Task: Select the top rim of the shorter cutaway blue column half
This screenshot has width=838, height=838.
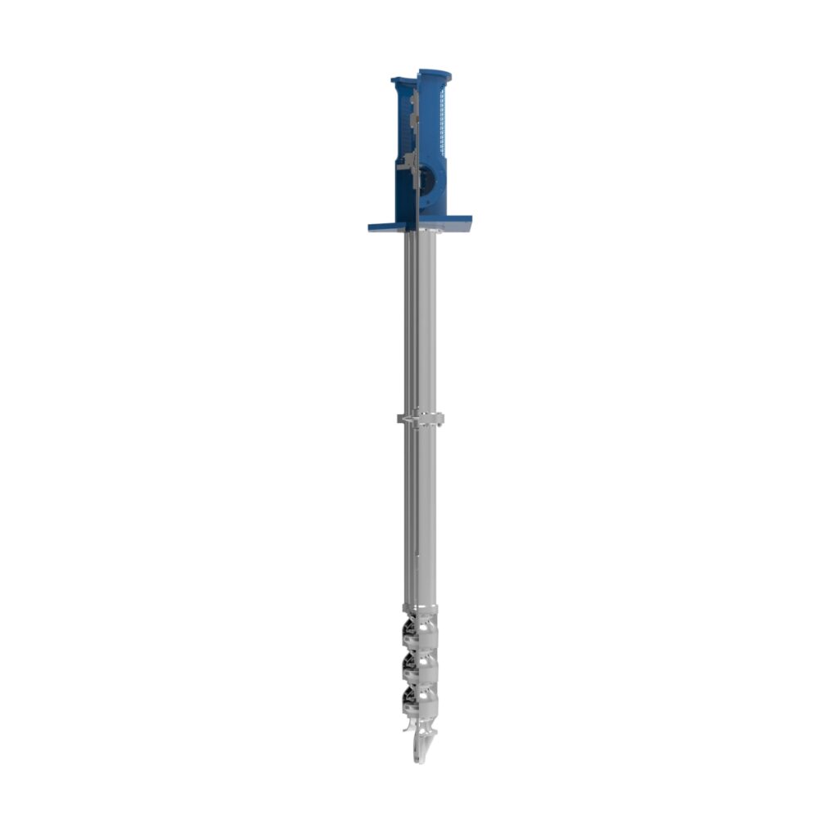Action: click(x=402, y=81)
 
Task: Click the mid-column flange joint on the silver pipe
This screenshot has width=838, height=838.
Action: click(x=421, y=420)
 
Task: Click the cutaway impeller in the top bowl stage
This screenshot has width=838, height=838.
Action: click(x=411, y=630)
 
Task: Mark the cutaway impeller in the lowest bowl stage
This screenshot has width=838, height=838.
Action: click(x=411, y=698)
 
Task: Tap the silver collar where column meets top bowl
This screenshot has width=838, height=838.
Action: click(x=421, y=607)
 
